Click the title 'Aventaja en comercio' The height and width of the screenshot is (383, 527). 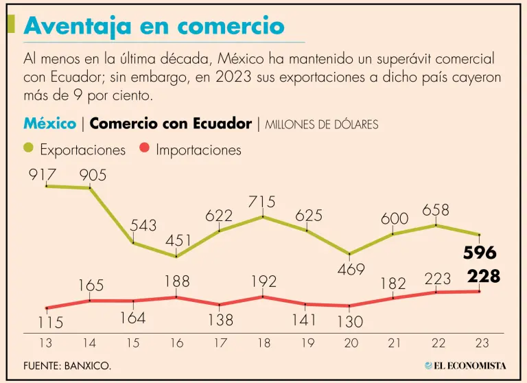pyautogui.click(x=154, y=26)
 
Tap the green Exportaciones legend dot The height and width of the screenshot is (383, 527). pyautogui.click(x=28, y=148)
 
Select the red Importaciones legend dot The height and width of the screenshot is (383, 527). pyautogui.click(x=144, y=148)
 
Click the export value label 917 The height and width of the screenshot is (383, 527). pyautogui.click(x=43, y=175)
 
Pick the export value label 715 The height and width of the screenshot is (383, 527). pyautogui.click(x=262, y=202)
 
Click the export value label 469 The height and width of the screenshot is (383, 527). pyautogui.click(x=351, y=269)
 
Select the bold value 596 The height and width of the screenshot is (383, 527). pyautogui.click(x=480, y=253)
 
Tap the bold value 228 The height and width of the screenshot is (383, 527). pyautogui.click(x=483, y=276)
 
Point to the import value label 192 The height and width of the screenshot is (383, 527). pyautogui.click(x=263, y=281)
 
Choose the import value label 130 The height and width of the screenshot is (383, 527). pyautogui.click(x=351, y=321)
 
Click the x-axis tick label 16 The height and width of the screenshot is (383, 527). pyautogui.click(x=176, y=342)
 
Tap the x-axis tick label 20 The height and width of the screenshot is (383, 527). pyautogui.click(x=350, y=342)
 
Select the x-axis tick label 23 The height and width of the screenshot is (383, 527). pyautogui.click(x=480, y=342)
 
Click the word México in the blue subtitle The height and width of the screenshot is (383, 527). pyautogui.click(x=49, y=124)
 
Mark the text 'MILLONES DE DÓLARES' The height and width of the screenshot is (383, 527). pyautogui.click(x=321, y=125)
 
